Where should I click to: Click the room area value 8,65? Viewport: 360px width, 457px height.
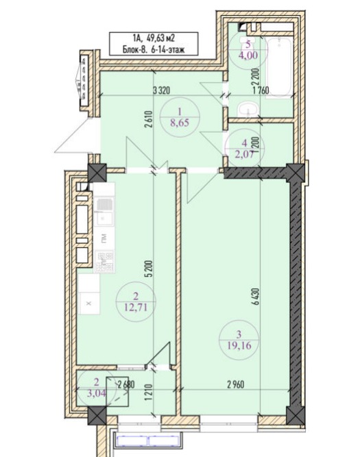(x=180, y=123)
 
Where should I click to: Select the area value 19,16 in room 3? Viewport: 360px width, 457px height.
(x=239, y=345)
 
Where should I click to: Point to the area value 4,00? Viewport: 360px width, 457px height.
(x=248, y=55)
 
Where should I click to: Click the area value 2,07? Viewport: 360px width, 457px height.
(x=245, y=153)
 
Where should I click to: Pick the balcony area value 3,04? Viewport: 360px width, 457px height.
(x=97, y=393)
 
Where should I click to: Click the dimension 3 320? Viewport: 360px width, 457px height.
(x=161, y=90)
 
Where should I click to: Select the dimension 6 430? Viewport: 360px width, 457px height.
(x=256, y=297)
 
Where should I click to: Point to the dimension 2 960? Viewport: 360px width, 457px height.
(x=236, y=385)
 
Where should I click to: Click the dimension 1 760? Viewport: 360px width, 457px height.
(x=261, y=90)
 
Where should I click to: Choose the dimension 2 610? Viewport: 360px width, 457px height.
(x=149, y=119)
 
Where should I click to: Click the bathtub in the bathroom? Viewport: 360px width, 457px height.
(x=280, y=66)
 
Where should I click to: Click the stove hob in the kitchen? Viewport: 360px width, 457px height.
(x=104, y=261)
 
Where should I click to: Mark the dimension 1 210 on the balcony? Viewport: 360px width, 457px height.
(x=149, y=393)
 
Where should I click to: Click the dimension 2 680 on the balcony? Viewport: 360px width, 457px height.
(x=126, y=385)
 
